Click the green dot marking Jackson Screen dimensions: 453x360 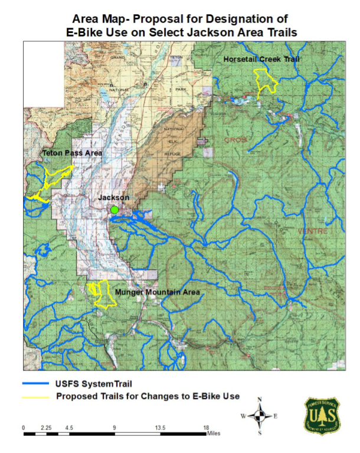pos(114,210)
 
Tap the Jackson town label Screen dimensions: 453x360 pos(113,198)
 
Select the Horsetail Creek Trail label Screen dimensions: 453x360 pos(261,60)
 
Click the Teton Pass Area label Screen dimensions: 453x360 pos(73,153)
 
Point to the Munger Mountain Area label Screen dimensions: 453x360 pos(157,292)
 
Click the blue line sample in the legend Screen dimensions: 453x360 pos(36,384)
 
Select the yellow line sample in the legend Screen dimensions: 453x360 pos(36,396)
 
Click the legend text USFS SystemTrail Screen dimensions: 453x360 pos(98,384)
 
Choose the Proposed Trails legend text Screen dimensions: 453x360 pos(148,396)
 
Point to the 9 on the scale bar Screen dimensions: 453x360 pos(114,428)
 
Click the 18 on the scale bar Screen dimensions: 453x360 pos(207,428)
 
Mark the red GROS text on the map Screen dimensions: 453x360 pos(235,140)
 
